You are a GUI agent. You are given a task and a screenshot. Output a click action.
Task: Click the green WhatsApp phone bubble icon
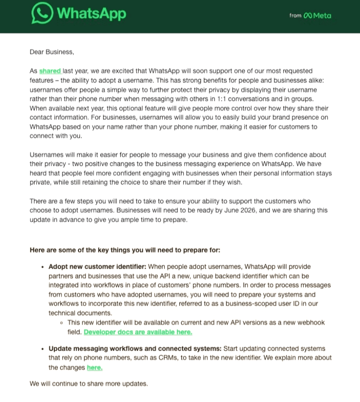tap(42, 14)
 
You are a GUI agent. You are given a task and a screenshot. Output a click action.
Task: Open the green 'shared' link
tap(49, 71)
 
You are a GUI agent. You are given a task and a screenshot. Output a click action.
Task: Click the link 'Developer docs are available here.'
tap(138, 332)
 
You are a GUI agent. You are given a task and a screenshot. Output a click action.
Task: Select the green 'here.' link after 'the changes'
tap(94, 368)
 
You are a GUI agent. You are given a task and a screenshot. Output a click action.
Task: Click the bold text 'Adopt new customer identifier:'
tap(97, 267)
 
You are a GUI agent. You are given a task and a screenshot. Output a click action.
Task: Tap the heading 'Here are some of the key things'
tap(125, 250)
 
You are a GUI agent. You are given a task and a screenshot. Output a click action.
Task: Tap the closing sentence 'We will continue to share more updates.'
tap(89, 384)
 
